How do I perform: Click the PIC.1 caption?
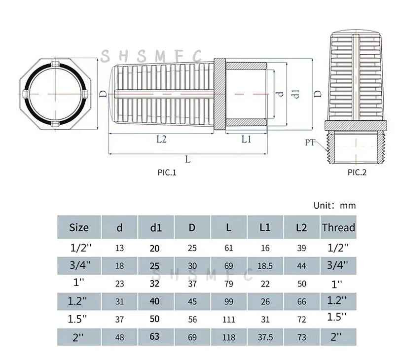(167, 173)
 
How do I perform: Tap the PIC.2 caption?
(357, 172)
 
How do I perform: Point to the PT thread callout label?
(310, 143)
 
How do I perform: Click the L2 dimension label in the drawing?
(161, 140)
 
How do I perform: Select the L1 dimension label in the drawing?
(247, 140)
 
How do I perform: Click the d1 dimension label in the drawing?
(296, 93)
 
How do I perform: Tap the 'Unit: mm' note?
(334, 206)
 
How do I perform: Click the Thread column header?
(338, 227)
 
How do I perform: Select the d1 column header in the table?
(156, 227)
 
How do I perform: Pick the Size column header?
(79, 227)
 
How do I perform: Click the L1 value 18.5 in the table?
(265, 266)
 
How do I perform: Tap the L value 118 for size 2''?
(229, 337)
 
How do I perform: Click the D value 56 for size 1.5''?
(192, 320)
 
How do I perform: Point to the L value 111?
(229, 320)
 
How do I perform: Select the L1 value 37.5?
(265, 337)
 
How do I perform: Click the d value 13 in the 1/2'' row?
(120, 249)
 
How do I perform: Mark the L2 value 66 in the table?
(302, 302)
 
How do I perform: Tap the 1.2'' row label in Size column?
(79, 301)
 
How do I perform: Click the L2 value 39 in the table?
(302, 249)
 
